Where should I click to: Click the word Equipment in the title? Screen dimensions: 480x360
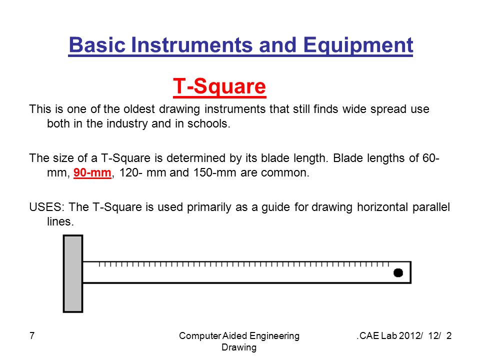tap(358, 45)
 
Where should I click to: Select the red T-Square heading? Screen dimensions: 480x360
tap(219, 86)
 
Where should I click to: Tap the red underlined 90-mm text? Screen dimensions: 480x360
tap(92, 172)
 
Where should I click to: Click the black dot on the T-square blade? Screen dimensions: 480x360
tap(398, 273)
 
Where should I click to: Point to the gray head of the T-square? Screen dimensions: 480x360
tap(73, 273)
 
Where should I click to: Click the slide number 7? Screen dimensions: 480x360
tap(32, 336)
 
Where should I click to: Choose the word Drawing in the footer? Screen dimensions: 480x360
tap(239, 347)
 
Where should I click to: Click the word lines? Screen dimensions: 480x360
tap(60, 221)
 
